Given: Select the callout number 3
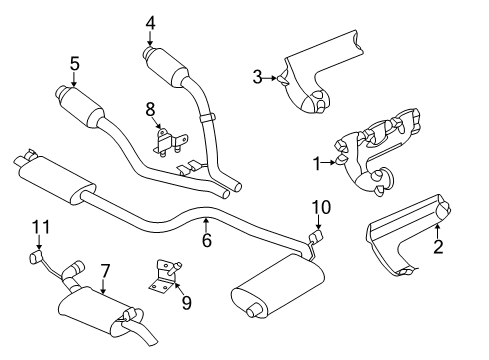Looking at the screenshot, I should pyautogui.click(x=257, y=76).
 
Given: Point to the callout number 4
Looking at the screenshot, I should pyautogui.click(x=150, y=22).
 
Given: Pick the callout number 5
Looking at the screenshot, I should pyautogui.click(x=74, y=63).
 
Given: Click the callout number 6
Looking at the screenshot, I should pyautogui.click(x=206, y=240).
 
